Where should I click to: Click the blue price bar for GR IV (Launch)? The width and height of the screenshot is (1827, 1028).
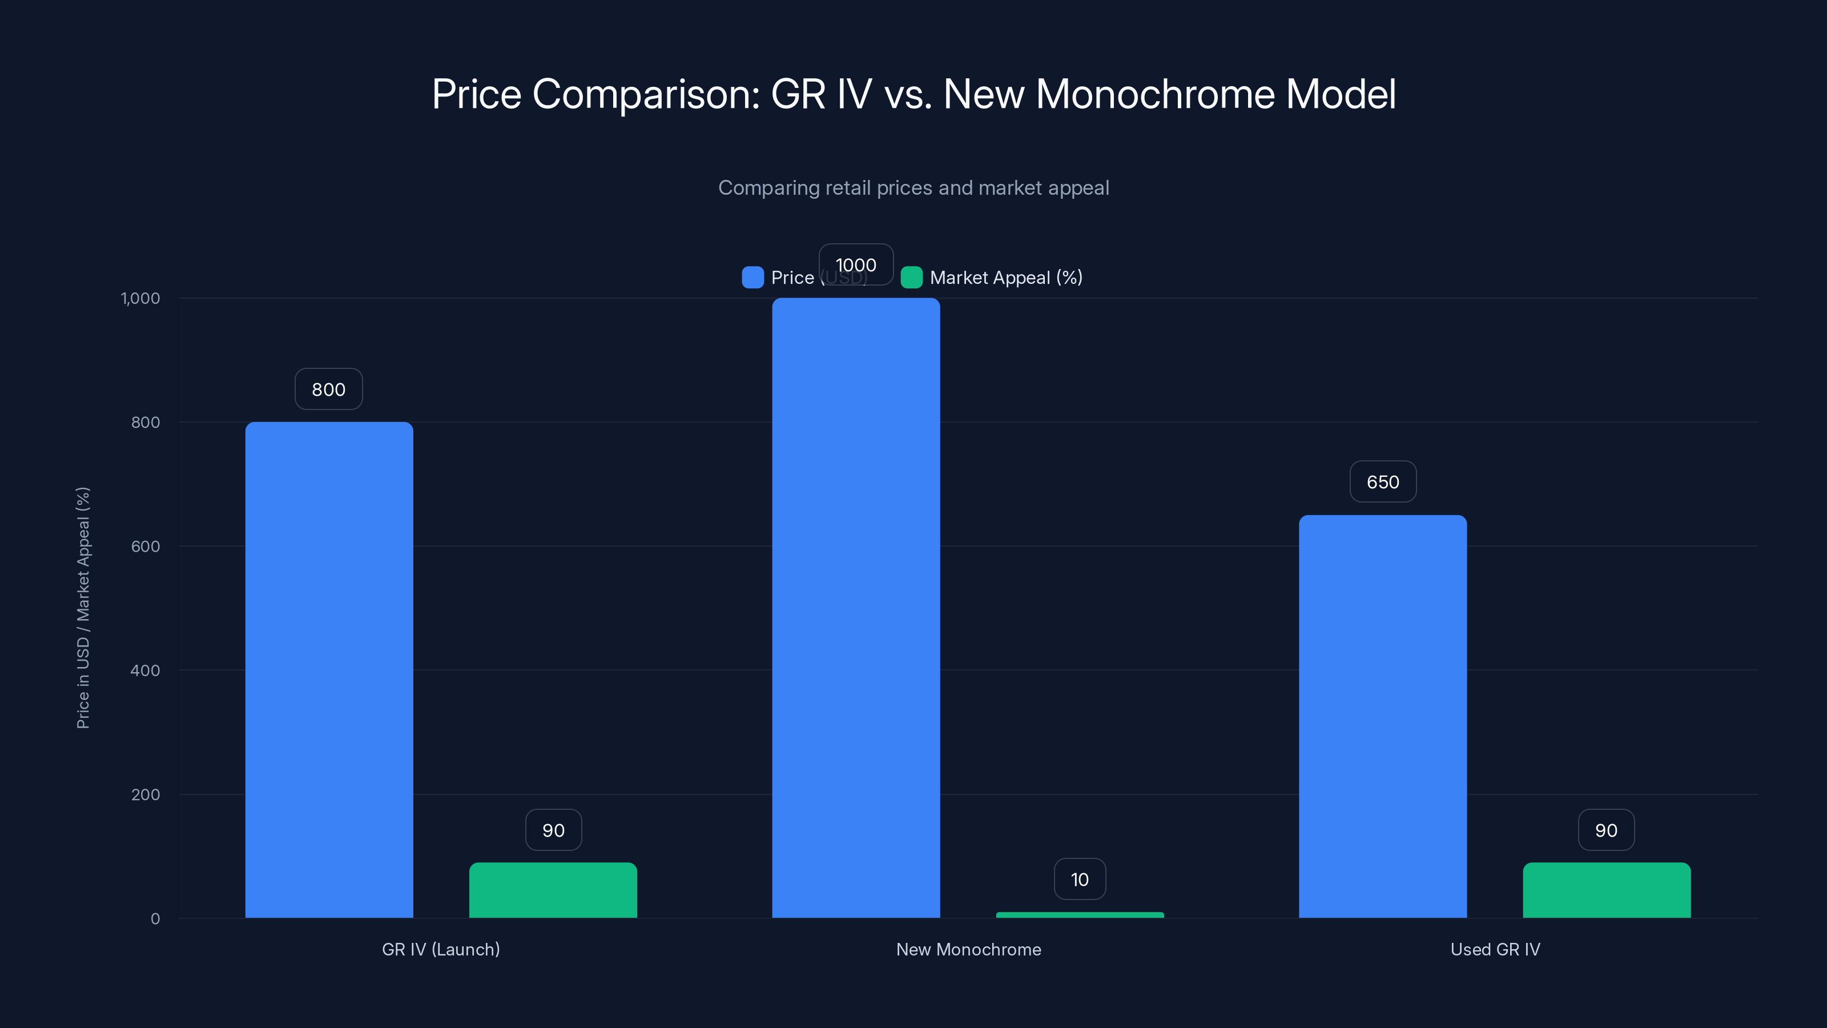pyautogui.click(x=329, y=670)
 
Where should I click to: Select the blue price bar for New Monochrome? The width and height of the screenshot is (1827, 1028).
pyautogui.click(x=856, y=608)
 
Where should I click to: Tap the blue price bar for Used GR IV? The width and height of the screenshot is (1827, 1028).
pyautogui.click(x=1382, y=717)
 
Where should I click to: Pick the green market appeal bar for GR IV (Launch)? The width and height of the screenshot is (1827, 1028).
pyautogui.click(x=553, y=890)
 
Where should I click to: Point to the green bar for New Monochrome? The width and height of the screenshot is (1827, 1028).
pyautogui.click(x=1080, y=915)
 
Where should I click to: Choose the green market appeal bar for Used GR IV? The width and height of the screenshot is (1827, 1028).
pyautogui.click(x=1607, y=890)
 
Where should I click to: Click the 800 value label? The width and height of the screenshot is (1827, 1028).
pyautogui.click(x=328, y=389)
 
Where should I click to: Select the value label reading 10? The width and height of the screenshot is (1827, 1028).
pyautogui.click(x=1080, y=880)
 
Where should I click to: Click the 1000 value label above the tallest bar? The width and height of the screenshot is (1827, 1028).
pyautogui.click(x=856, y=264)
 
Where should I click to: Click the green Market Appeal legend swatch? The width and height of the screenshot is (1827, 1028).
pyautogui.click(x=911, y=278)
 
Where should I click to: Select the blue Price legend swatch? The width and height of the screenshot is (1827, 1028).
pyautogui.click(x=752, y=278)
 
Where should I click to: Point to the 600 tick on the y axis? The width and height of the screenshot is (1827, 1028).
pyautogui.click(x=146, y=547)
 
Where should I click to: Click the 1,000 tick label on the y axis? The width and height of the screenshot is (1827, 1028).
pyautogui.click(x=140, y=298)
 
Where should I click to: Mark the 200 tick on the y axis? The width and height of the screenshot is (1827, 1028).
pyautogui.click(x=146, y=794)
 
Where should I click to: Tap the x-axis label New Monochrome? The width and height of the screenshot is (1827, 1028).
pyautogui.click(x=968, y=949)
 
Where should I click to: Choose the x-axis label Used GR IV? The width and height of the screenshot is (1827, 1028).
pyautogui.click(x=1495, y=949)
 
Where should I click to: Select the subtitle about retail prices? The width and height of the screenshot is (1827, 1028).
pyautogui.click(x=913, y=188)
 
